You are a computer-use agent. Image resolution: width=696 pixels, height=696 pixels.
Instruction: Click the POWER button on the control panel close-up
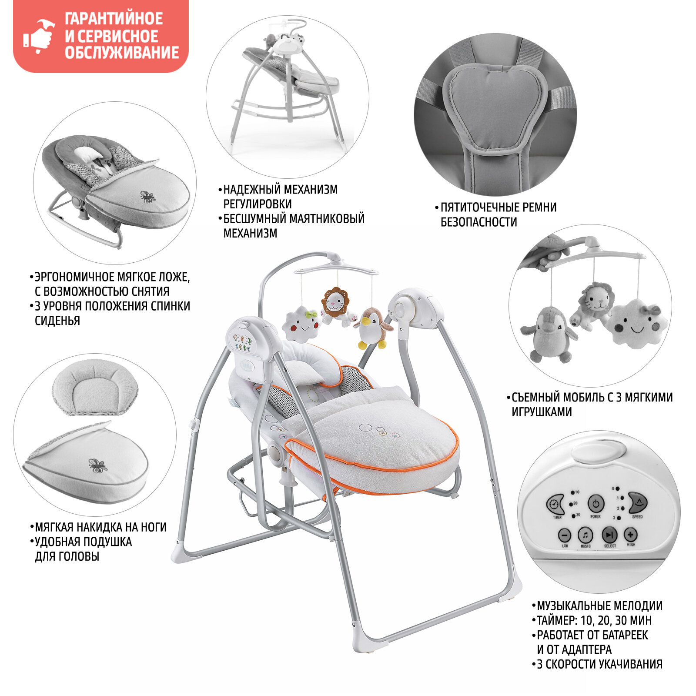596,504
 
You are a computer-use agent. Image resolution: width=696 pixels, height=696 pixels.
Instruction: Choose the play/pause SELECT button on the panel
609,534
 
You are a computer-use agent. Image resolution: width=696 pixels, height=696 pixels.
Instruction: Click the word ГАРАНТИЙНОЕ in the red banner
114,19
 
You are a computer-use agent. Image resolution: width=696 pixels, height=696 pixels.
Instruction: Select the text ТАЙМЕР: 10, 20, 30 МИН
594,620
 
